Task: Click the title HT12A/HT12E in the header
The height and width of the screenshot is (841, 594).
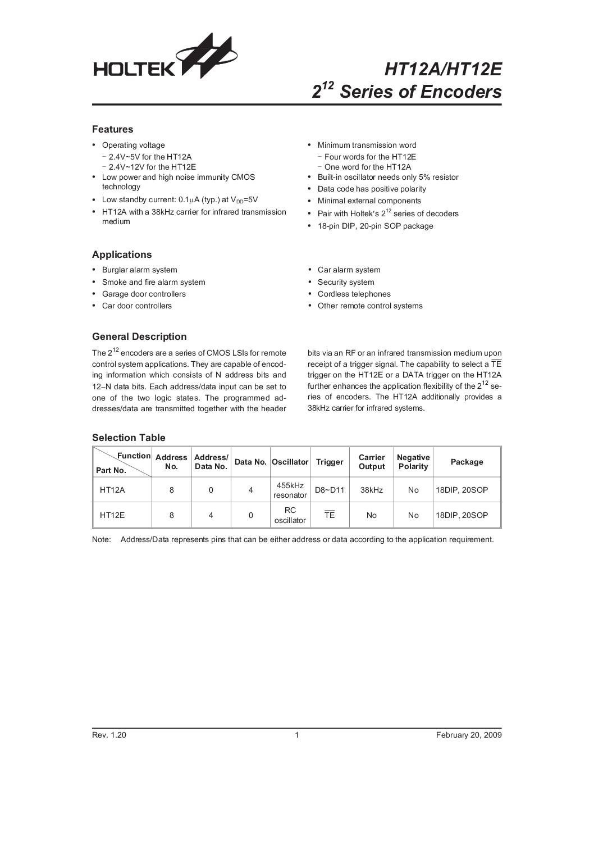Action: (x=442, y=70)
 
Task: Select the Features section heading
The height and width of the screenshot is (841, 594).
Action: (x=112, y=129)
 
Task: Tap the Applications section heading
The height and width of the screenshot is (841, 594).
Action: (x=122, y=254)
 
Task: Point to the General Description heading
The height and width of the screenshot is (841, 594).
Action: (x=139, y=337)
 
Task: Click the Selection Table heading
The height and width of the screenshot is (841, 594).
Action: (x=129, y=438)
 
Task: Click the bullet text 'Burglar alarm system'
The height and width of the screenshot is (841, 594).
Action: (x=139, y=270)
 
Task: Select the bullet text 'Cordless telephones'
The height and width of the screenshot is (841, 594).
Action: (x=354, y=294)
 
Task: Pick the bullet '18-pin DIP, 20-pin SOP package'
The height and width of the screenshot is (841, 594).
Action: (x=375, y=226)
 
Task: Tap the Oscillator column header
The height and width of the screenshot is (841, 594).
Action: (x=290, y=462)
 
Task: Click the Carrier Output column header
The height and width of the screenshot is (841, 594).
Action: (x=372, y=462)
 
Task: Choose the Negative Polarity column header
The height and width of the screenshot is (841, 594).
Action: (x=413, y=462)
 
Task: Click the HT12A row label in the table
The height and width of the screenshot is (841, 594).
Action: (x=112, y=490)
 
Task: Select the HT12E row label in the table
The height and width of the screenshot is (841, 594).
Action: (x=112, y=515)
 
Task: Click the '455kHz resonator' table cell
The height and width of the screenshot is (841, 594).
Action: (x=290, y=490)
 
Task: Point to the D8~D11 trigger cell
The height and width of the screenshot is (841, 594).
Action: (x=330, y=490)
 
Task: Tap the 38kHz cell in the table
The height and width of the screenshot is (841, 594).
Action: (x=372, y=490)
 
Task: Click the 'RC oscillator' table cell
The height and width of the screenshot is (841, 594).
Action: (x=290, y=515)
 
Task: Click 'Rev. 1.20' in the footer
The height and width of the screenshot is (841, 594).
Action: (x=109, y=735)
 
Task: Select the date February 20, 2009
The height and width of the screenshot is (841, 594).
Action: (x=469, y=735)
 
